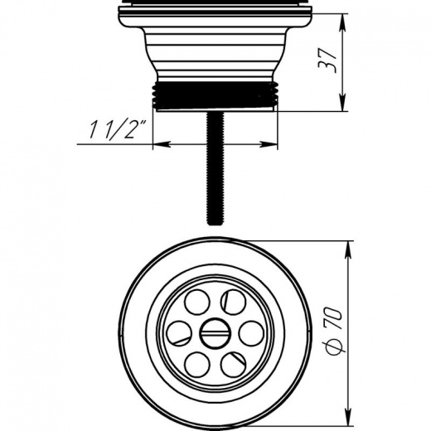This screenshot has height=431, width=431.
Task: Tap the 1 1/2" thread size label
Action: pyautogui.click(x=118, y=129)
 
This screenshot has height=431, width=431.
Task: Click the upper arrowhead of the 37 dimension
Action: pyautogui.click(x=342, y=22)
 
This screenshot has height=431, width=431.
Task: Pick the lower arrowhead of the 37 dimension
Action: pyautogui.click(x=342, y=102)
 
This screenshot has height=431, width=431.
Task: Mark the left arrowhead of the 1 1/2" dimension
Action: pyautogui.click(x=162, y=144)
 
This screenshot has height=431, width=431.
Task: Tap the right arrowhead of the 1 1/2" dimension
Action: pyautogui.click(x=268, y=144)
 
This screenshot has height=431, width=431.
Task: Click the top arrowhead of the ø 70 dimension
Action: pyautogui.click(x=349, y=250)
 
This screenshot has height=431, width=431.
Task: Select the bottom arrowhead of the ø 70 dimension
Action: pyautogui.click(x=349, y=415)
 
